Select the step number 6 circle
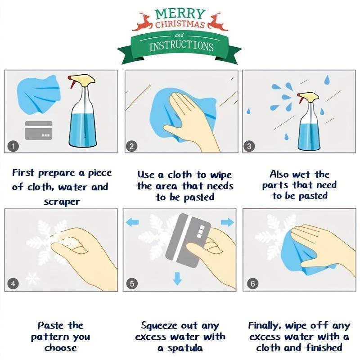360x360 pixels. pos(253,283)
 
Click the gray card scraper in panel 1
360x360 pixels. pos(38,130)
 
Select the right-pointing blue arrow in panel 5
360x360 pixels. pos(228,222)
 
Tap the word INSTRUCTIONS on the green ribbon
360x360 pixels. pos(181,46)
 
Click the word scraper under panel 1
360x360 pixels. pos(62,202)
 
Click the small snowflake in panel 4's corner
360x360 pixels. pos(32,279)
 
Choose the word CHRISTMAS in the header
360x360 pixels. pos(180,24)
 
